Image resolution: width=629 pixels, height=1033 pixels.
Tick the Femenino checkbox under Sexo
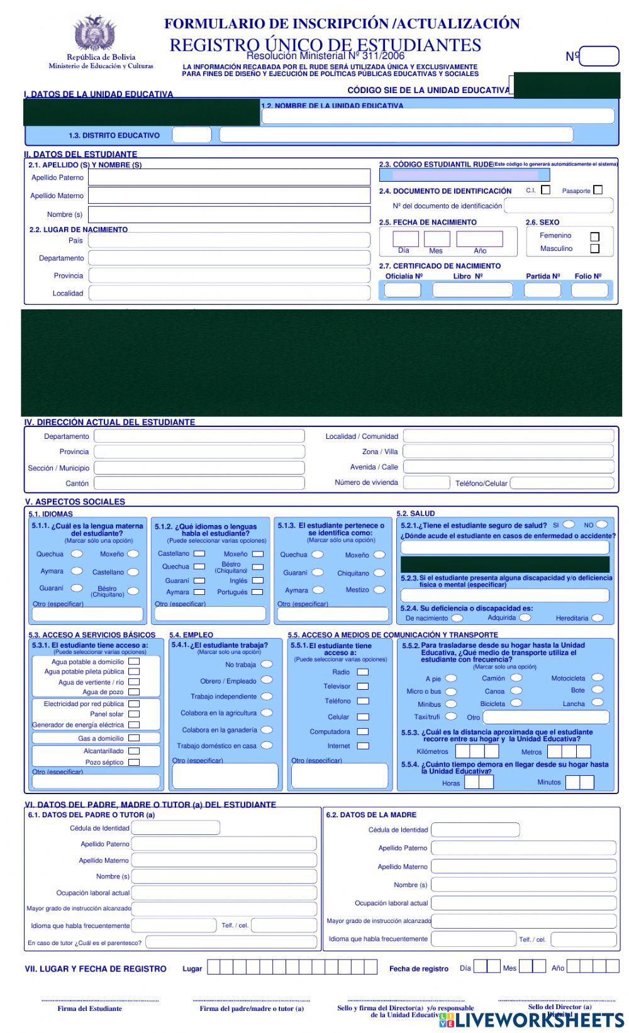[x=594, y=236]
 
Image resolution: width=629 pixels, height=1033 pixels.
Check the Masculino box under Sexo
[x=594, y=248]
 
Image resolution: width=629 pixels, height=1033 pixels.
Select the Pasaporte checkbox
[x=598, y=189]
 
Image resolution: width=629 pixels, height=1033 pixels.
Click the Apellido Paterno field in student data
[x=229, y=177]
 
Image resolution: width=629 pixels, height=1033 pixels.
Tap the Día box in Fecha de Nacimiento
[x=405, y=239]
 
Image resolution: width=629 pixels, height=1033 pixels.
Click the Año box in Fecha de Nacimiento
[x=479, y=239]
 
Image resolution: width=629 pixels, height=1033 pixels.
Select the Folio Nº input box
[x=589, y=290]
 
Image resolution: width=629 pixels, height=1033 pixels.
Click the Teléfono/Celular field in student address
[x=562, y=483]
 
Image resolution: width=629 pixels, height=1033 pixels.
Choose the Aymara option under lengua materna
[x=77, y=571]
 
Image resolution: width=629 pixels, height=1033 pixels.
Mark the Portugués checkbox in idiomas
[x=257, y=592]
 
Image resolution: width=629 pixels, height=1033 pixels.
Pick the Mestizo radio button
[x=379, y=590]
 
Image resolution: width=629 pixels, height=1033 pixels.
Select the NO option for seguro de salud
[x=602, y=524]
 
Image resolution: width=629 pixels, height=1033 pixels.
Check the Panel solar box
[x=134, y=714]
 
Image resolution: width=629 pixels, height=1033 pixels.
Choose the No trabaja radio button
[x=267, y=664]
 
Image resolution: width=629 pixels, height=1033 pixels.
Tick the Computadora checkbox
[x=363, y=731]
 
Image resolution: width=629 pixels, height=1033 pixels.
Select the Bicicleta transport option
[x=516, y=703]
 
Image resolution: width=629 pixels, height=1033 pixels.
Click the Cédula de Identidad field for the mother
[x=475, y=829]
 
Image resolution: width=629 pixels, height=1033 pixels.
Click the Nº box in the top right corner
[x=599, y=57]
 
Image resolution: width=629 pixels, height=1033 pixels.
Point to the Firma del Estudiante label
[x=90, y=1008]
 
